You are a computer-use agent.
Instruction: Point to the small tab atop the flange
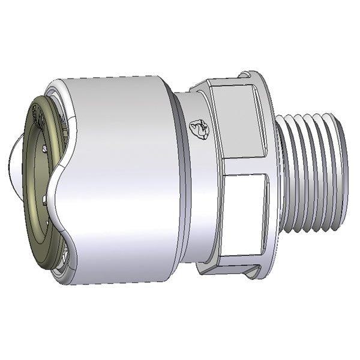[245, 76]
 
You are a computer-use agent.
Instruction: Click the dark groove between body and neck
[176, 177]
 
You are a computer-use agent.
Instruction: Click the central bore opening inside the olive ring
[45, 180]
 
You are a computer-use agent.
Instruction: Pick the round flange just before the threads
[270, 174]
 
